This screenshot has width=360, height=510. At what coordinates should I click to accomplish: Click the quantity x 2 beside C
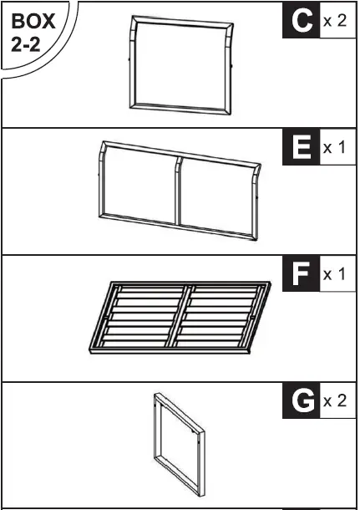pos(335,20)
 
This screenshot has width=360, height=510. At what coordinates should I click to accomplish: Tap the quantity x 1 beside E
pos(335,148)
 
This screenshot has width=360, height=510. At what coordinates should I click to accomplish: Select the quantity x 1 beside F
pos(335,274)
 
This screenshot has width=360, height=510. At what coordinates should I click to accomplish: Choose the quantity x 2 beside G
pos(335,402)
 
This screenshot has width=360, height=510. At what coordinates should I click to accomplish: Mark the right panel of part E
pos(215,191)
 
